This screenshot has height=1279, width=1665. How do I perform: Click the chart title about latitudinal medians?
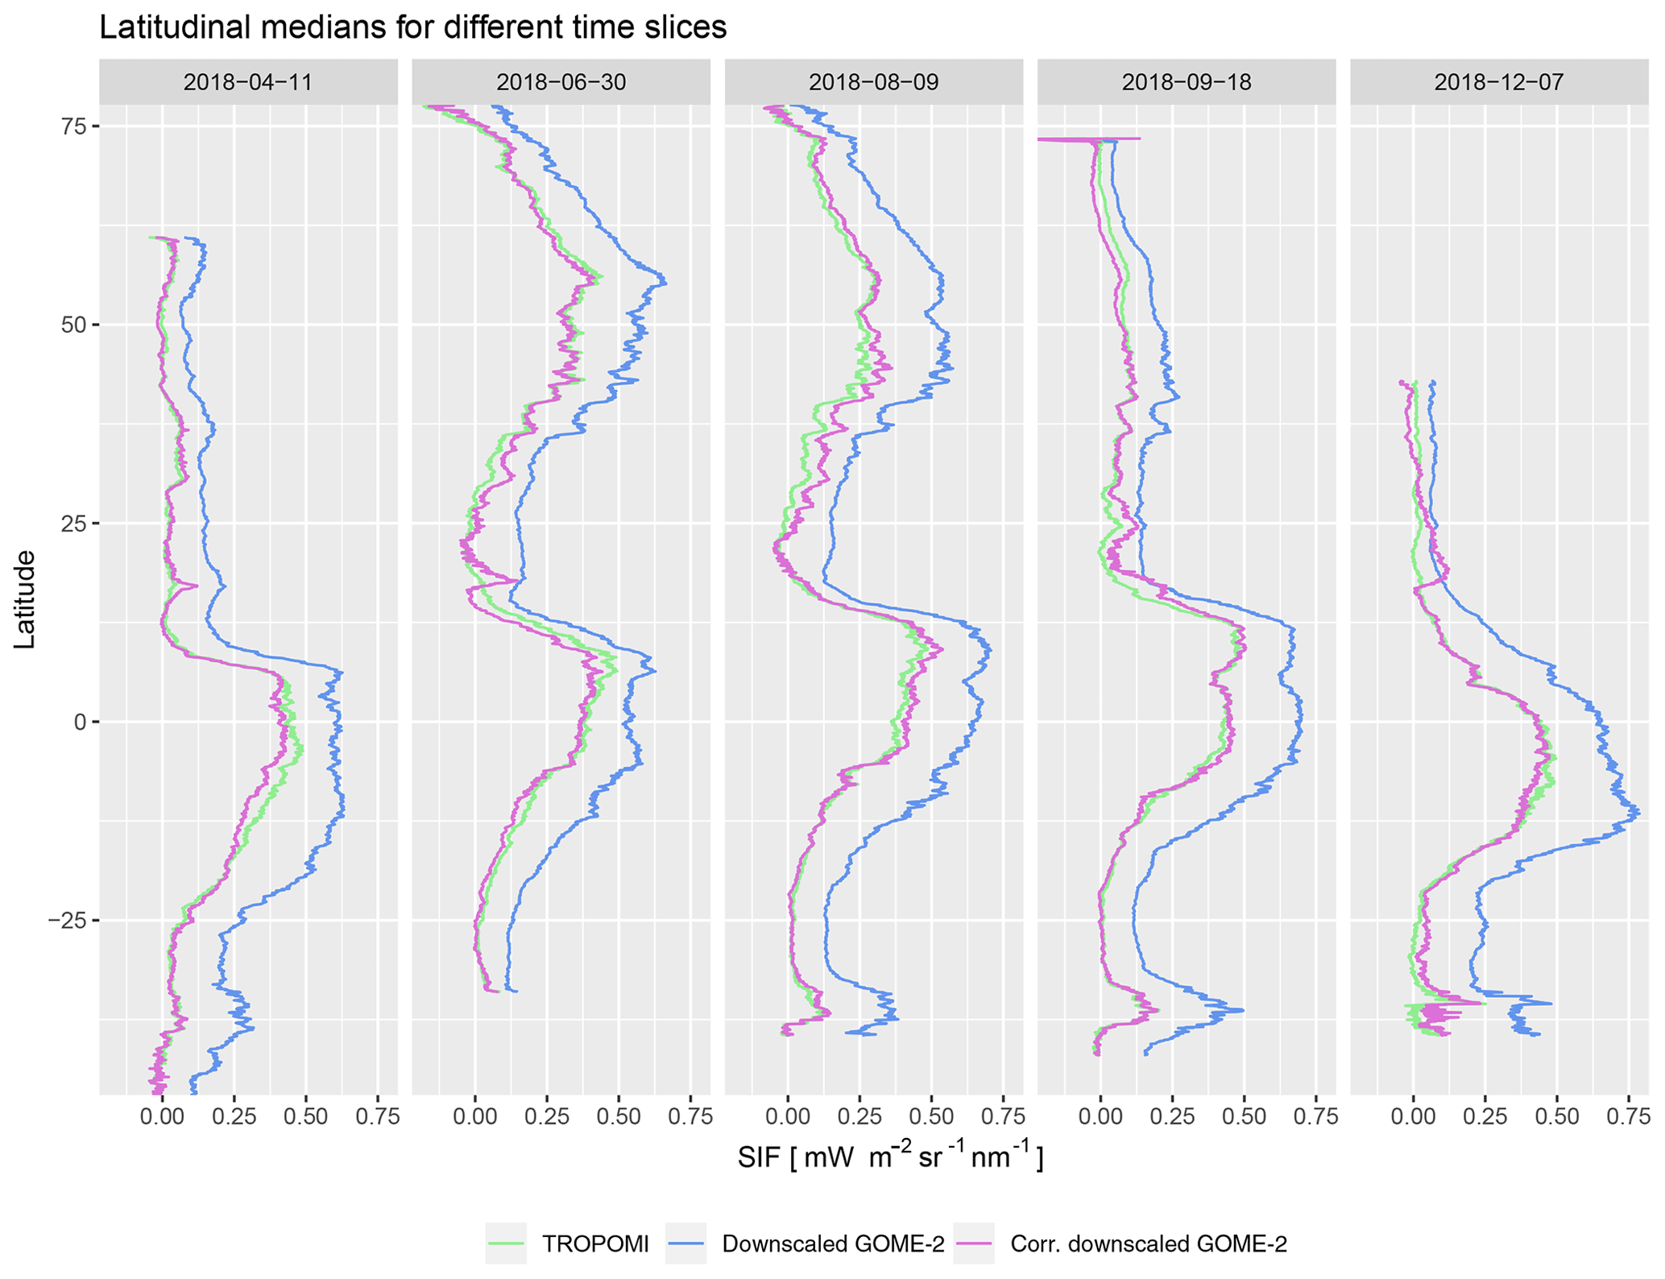[412, 27]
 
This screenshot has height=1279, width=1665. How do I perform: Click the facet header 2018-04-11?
[248, 82]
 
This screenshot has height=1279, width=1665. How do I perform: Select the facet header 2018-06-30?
[561, 82]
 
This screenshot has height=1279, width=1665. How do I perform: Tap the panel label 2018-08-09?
[873, 82]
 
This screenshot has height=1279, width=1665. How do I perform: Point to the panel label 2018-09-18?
[1187, 82]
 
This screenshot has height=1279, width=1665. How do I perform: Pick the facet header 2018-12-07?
[1499, 82]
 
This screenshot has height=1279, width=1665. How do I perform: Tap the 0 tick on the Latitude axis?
[80, 722]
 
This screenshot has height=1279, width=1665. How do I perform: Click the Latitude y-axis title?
[26, 599]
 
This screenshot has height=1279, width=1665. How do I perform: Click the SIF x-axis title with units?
[890, 1158]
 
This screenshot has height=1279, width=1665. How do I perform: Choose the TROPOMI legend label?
[594, 1244]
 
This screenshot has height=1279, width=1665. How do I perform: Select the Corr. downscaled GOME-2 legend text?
[1149, 1244]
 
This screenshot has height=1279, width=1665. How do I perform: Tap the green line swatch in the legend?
[506, 1244]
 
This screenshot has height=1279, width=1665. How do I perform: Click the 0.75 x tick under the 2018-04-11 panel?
[377, 1117]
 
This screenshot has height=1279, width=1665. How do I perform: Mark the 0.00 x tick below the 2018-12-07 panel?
[1414, 1117]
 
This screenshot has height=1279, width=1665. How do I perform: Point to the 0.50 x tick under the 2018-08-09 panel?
[931, 1117]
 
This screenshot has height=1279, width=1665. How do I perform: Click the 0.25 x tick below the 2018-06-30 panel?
[547, 1117]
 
